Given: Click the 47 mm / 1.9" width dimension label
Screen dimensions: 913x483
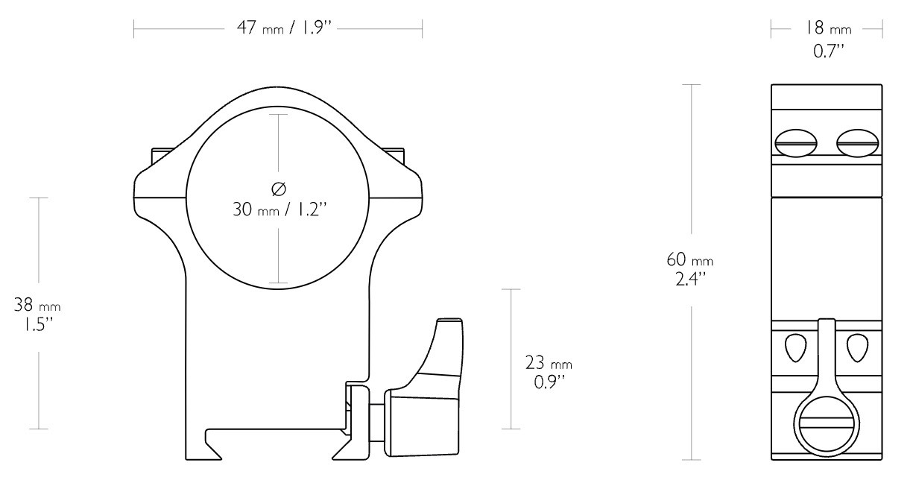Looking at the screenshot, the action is pos(284,28).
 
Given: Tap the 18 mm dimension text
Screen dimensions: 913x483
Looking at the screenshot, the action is pos(827,28).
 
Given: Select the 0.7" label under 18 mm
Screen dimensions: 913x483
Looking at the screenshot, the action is pos(828,51).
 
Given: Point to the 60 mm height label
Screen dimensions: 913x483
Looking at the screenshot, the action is pos(689,259).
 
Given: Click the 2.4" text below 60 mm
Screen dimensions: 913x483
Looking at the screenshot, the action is pos(690,279).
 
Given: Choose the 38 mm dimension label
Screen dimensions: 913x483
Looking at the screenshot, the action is pos(37,305).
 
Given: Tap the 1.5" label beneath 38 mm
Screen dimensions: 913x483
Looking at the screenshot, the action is pos(38,324).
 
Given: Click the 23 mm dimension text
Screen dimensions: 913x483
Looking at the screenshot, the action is pos(549,363).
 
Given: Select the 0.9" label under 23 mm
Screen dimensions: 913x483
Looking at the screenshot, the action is pos(549,382).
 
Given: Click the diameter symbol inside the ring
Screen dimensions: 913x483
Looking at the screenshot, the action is pos(279,189).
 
